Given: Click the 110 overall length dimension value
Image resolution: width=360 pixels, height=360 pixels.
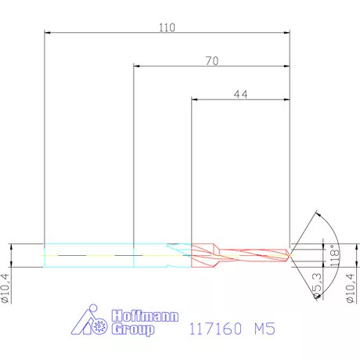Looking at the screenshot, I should click(166, 27).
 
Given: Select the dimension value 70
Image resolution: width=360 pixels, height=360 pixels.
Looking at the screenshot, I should click(211, 60).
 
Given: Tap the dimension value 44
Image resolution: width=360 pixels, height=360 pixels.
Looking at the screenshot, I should click(241, 93).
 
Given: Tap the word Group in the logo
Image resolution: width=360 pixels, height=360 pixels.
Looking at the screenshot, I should click(134, 330).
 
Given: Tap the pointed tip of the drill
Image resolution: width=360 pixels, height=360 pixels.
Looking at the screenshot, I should click(290, 254).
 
